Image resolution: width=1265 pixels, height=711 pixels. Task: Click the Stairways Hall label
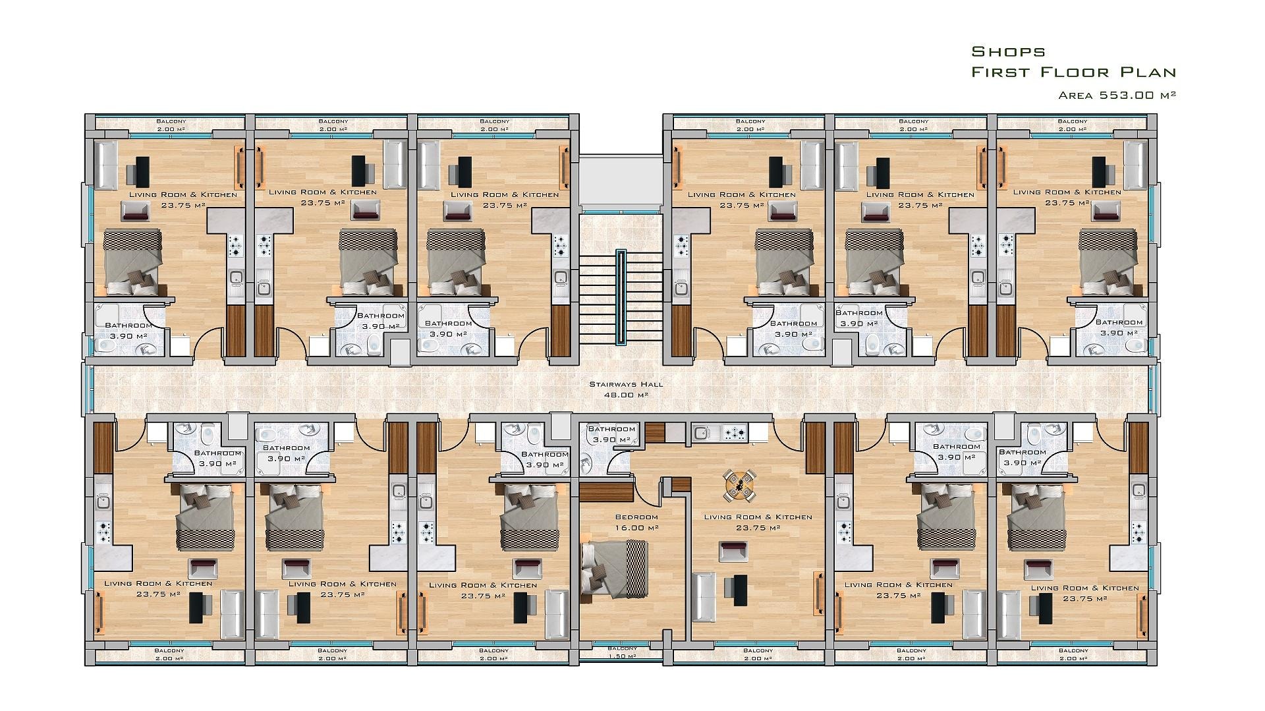[626, 384]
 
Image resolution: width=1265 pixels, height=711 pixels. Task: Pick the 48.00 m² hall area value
[626, 395]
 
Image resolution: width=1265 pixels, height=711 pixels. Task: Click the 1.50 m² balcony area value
[622, 656]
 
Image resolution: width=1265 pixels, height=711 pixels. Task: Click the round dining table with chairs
[740, 486]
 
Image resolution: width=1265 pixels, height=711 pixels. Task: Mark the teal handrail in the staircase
[621, 297]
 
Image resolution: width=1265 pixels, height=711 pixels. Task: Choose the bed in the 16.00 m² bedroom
[615, 569]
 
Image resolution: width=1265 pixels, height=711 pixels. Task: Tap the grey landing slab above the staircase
[621, 183]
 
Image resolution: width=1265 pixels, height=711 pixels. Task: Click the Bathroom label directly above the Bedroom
[611, 429]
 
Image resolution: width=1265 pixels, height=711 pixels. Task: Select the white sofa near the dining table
[704, 596]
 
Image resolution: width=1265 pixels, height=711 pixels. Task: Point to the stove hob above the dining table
[736, 433]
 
